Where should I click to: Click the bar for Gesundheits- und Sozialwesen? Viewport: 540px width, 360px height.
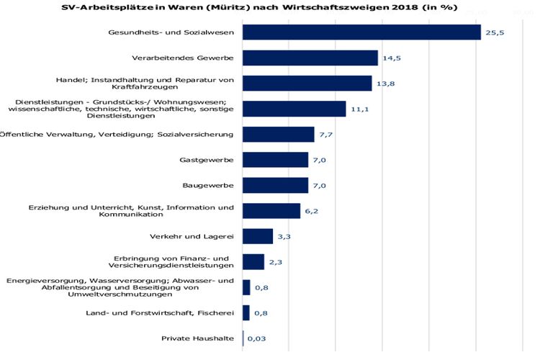point(361,32)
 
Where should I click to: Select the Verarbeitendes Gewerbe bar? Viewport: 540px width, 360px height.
point(310,58)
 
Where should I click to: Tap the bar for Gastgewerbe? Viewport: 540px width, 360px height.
point(275,160)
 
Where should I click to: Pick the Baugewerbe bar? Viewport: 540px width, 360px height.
point(275,185)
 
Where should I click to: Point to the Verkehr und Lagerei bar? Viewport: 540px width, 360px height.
point(258,236)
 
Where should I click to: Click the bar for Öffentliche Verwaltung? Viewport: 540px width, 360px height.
point(279,135)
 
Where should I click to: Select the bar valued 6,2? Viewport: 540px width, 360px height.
point(271,211)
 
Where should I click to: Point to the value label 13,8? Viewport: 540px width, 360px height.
point(384,84)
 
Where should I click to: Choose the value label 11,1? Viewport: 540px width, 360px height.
point(360,109)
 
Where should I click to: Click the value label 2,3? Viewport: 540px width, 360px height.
point(276,262)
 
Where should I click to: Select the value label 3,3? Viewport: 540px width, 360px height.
point(284,237)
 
